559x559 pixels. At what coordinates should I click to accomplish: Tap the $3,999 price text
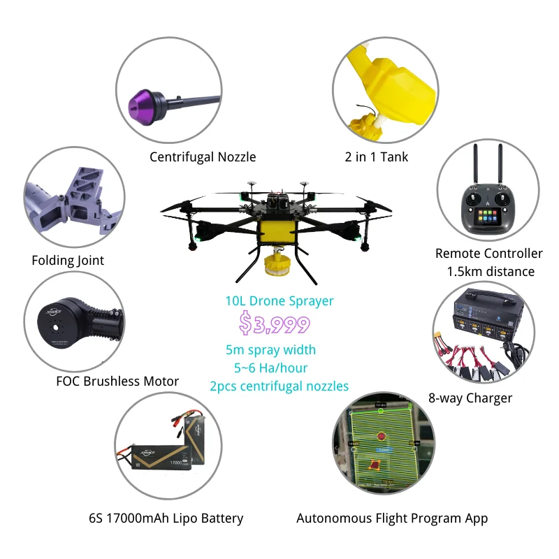(274, 324)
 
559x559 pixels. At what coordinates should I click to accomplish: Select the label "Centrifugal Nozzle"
(203, 157)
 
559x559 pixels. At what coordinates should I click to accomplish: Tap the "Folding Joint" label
(68, 261)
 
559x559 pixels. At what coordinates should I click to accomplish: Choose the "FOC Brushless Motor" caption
(117, 382)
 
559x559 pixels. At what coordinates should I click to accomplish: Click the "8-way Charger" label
(470, 398)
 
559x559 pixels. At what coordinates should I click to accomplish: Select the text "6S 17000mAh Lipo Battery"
(166, 518)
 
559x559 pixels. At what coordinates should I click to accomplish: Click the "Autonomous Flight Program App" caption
(392, 518)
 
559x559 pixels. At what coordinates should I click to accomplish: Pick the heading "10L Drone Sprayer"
(279, 302)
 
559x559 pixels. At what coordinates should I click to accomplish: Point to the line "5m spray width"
(271, 349)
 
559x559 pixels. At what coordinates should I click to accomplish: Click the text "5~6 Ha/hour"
(271, 368)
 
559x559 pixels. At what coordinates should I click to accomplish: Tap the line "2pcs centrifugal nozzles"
(279, 386)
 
